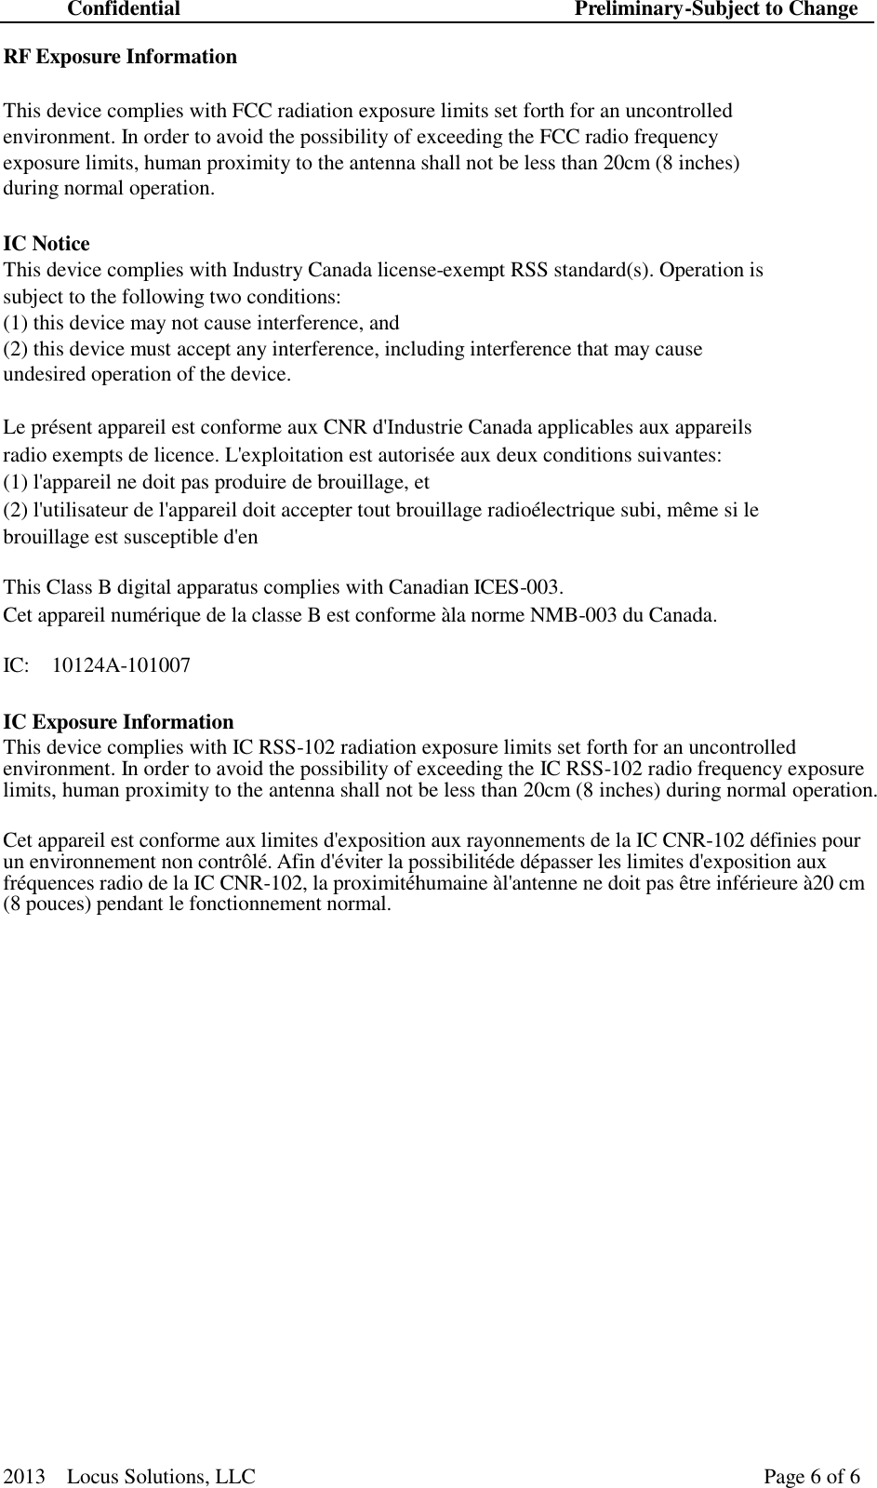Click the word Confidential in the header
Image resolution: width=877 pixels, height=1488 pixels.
[124, 9]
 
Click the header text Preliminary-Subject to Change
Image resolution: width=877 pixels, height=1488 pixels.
[716, 9]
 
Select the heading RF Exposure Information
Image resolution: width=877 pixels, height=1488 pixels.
[121, 57]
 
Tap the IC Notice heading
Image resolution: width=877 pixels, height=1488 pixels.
[47, 244]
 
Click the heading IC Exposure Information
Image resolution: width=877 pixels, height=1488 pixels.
[119, 722]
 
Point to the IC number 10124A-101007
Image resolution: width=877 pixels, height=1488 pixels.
[121, 666]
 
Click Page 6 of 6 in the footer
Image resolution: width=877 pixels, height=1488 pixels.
[812, 1477]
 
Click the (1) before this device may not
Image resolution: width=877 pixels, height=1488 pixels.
[16, 324]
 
